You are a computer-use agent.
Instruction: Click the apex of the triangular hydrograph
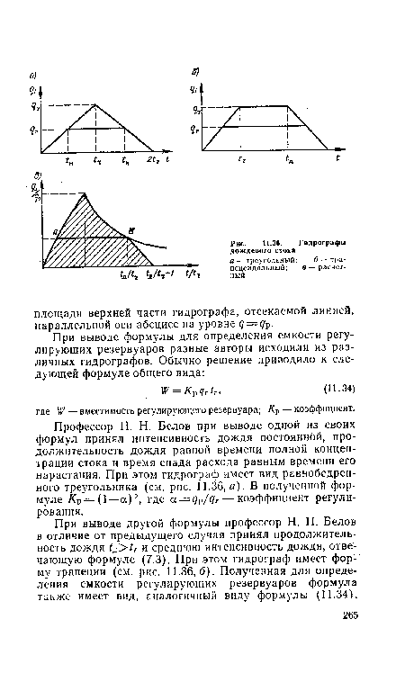(97, 104)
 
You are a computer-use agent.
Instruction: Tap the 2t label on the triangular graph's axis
(154, 162)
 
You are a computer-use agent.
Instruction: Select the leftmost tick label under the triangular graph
(69, 162)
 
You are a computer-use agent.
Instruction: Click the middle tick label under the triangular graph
(97, 162)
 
